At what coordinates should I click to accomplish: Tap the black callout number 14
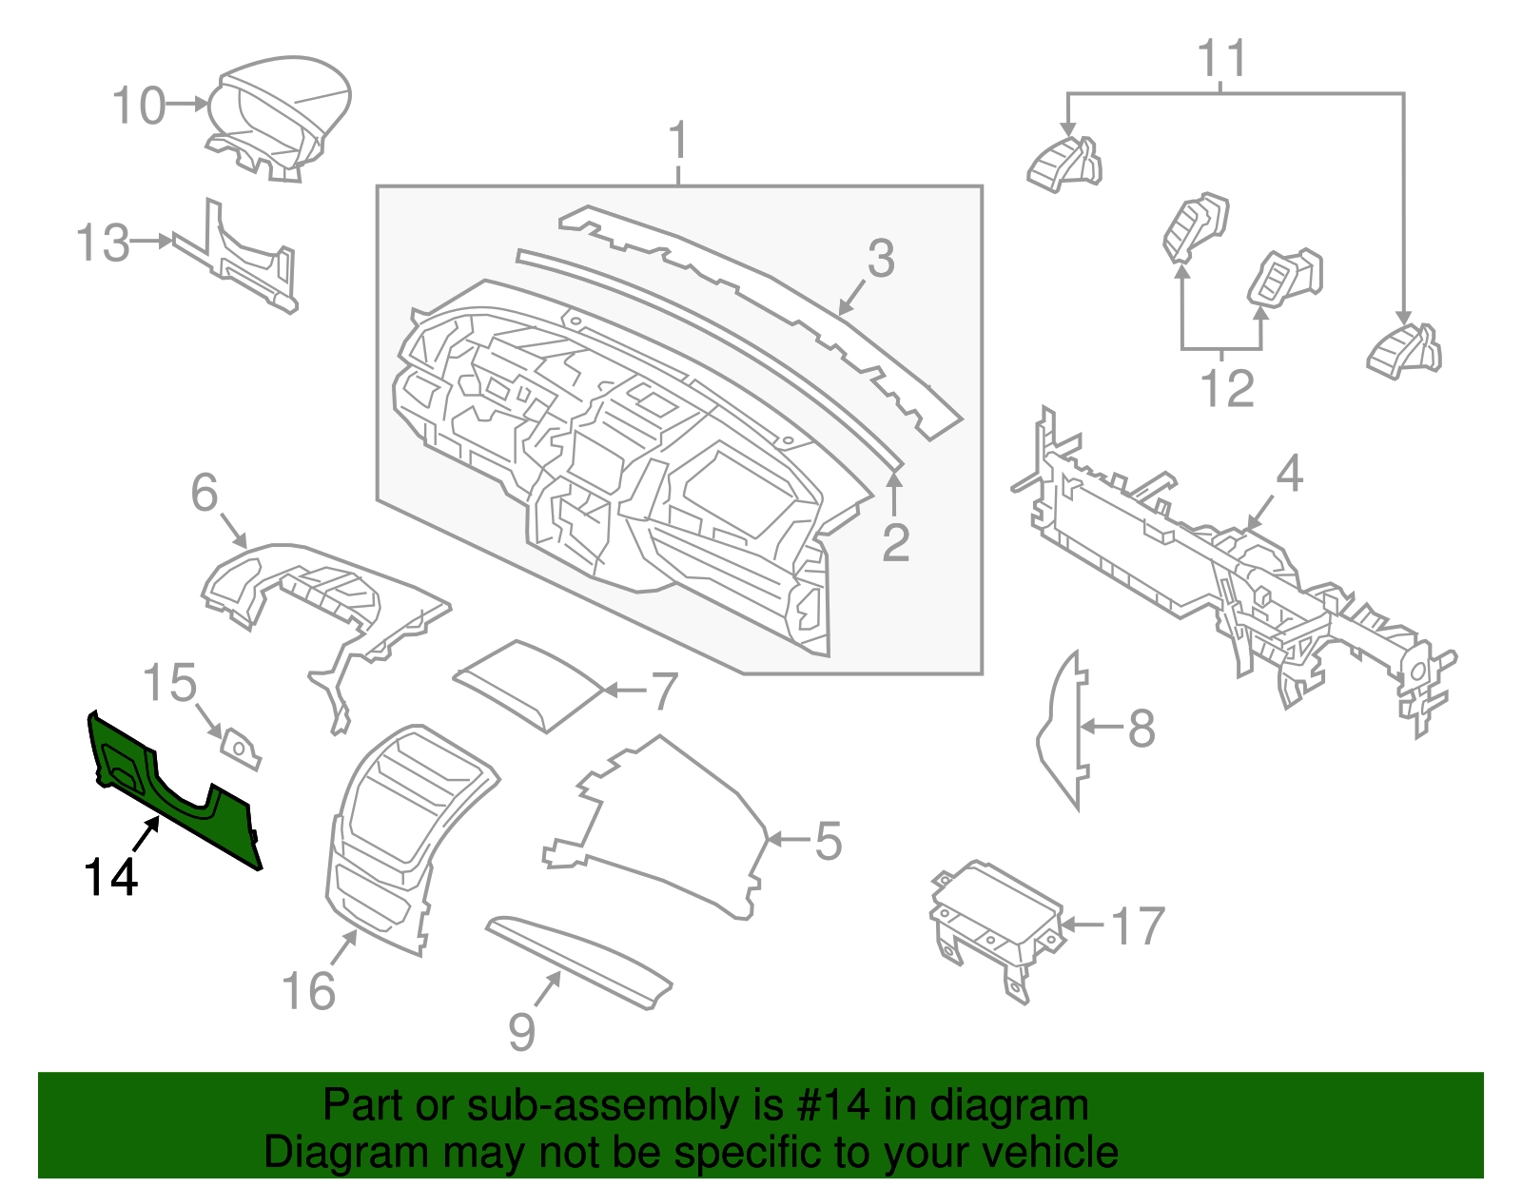(x=110, y=877)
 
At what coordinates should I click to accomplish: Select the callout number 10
(x=139, y=106)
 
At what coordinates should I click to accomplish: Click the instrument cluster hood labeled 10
(x=281, y=114)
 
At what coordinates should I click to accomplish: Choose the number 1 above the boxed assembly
(x=677, y=142)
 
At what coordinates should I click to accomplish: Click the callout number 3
(x=881, y=259)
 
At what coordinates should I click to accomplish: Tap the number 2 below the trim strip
(x=895, y=542)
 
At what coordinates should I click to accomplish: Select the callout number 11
(x=1221, y=59)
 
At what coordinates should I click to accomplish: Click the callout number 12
(x=1226, y=389)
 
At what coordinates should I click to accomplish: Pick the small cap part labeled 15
(x=240, y=748)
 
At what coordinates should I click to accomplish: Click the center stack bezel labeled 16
(x=400, y=837)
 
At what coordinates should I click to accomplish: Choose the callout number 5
(x=828, y=842)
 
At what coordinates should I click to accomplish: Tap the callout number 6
(x=205, y=493)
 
